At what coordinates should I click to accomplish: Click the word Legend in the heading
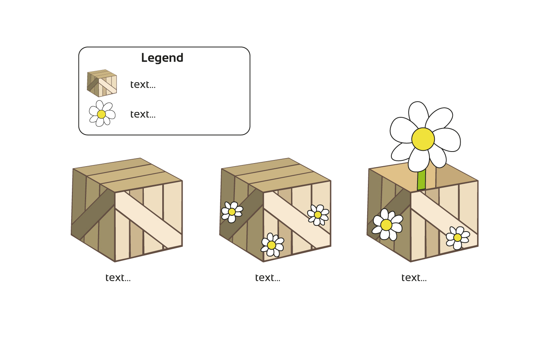[x=162, y=58]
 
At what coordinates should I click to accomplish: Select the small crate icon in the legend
[x=102, y=83]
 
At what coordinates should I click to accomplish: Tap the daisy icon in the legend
[x=102, y=113]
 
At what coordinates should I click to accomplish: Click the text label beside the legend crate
[x=143, y=85]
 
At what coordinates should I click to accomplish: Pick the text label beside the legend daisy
[x=143, y=114]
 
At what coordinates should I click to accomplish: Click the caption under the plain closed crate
[x=118, y=278]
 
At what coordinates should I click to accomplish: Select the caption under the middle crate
[x=268, y=278]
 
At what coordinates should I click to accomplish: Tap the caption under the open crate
[x=414, y=278]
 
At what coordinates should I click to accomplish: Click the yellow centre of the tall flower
[x=423, y=139]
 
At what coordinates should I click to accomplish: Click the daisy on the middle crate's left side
[x=232, y=212]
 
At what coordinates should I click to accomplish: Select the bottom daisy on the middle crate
[x=272, y=245]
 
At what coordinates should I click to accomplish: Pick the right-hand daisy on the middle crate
[x=318, y=215]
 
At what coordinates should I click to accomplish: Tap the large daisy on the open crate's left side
[x=387, y=225]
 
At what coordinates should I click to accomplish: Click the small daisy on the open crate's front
[x=457, y=238]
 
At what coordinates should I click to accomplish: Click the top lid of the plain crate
[x=128, y=174]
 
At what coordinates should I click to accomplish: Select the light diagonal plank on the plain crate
[x=148, y=220]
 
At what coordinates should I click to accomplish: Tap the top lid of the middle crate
[x=276, y=174]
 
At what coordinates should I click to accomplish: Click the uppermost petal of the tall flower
[x=418, y=114]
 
